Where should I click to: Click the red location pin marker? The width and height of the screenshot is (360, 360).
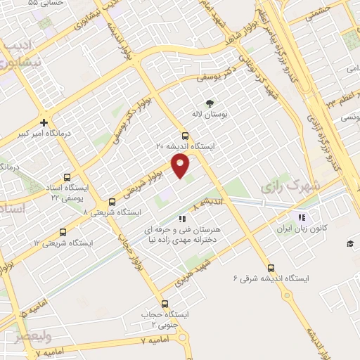[181, 166]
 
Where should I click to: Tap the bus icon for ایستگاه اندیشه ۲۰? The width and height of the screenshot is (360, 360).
[185, 136]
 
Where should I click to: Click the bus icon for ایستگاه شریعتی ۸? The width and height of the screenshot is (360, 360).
[112, 202]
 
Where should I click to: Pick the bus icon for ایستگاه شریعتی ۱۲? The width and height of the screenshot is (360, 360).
[63, 232]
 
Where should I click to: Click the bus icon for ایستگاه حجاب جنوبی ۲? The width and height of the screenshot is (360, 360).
[165, 304]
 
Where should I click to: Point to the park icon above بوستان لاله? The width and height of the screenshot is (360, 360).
[208, 102]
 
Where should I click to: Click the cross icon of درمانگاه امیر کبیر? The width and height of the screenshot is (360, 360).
[44, 122]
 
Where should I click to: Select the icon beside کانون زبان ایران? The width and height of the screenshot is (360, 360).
[302, 217]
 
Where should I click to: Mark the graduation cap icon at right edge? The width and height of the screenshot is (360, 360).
[349, 243]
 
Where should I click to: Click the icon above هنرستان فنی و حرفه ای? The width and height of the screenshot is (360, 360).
[183, 219]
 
